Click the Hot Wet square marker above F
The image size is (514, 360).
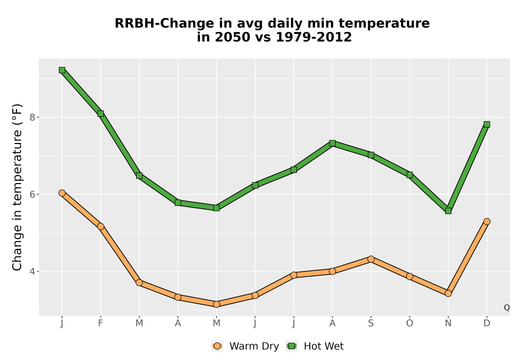click(101, 114)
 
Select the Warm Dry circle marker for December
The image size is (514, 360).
click(487, 222)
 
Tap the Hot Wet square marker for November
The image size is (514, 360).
click(448, 210)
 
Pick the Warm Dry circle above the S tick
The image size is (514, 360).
click(371, 259)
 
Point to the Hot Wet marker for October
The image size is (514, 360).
click(410, 175)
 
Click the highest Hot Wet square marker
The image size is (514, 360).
click(62, 70)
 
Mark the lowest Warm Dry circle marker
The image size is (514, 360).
click(216, 304)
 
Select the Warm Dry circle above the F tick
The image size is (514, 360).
click(101, 226)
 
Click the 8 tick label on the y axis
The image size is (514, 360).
click(32, 117)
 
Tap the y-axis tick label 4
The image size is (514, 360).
click(32, 272)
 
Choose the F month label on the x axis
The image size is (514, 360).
click(101, 323)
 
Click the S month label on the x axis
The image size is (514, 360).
click(371, 323)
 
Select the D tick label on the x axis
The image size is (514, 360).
click(487, 323)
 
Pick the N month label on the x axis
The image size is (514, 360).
click(448, 323)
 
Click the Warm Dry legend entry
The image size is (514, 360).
click(245, 346)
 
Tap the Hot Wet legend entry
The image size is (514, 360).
click(315, 346)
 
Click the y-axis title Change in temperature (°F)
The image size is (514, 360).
click(17, 187)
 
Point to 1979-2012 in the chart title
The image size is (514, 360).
click(314, 37)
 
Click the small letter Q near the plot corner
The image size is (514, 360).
click(507, 308)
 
